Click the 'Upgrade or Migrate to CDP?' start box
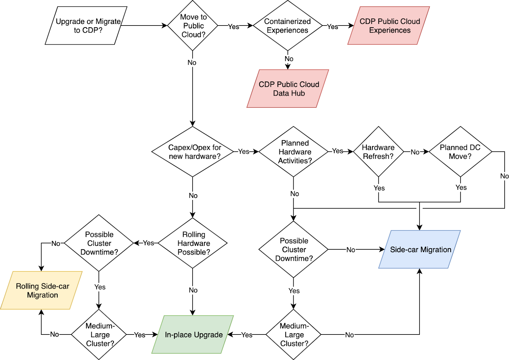coord(86,26)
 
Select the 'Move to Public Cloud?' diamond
coord(193,26)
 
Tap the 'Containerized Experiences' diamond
coord(288,26)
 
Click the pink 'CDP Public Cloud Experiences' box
coord(389,26)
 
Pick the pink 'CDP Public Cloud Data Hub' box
coord(288,89)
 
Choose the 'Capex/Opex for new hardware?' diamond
coord(193,152)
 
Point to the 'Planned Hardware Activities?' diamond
coord(294,152)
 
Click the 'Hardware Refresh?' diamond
coord(378,152)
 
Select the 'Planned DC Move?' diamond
coord(460,152)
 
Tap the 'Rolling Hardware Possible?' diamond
coord(193,243)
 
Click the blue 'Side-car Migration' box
coord(419,250)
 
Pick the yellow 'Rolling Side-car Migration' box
coord(42,290)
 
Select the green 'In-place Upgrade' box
coord(193,334)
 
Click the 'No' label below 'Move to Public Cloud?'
coord(192,62)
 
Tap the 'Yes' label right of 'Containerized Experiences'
coord(332,27)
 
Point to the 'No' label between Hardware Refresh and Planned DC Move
coord(415,152)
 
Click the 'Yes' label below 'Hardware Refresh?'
coord(379,188)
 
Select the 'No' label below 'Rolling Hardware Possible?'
coord(193,290)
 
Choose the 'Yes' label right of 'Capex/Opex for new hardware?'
coord(244,151)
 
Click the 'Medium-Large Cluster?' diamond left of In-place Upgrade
coord(99,334)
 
